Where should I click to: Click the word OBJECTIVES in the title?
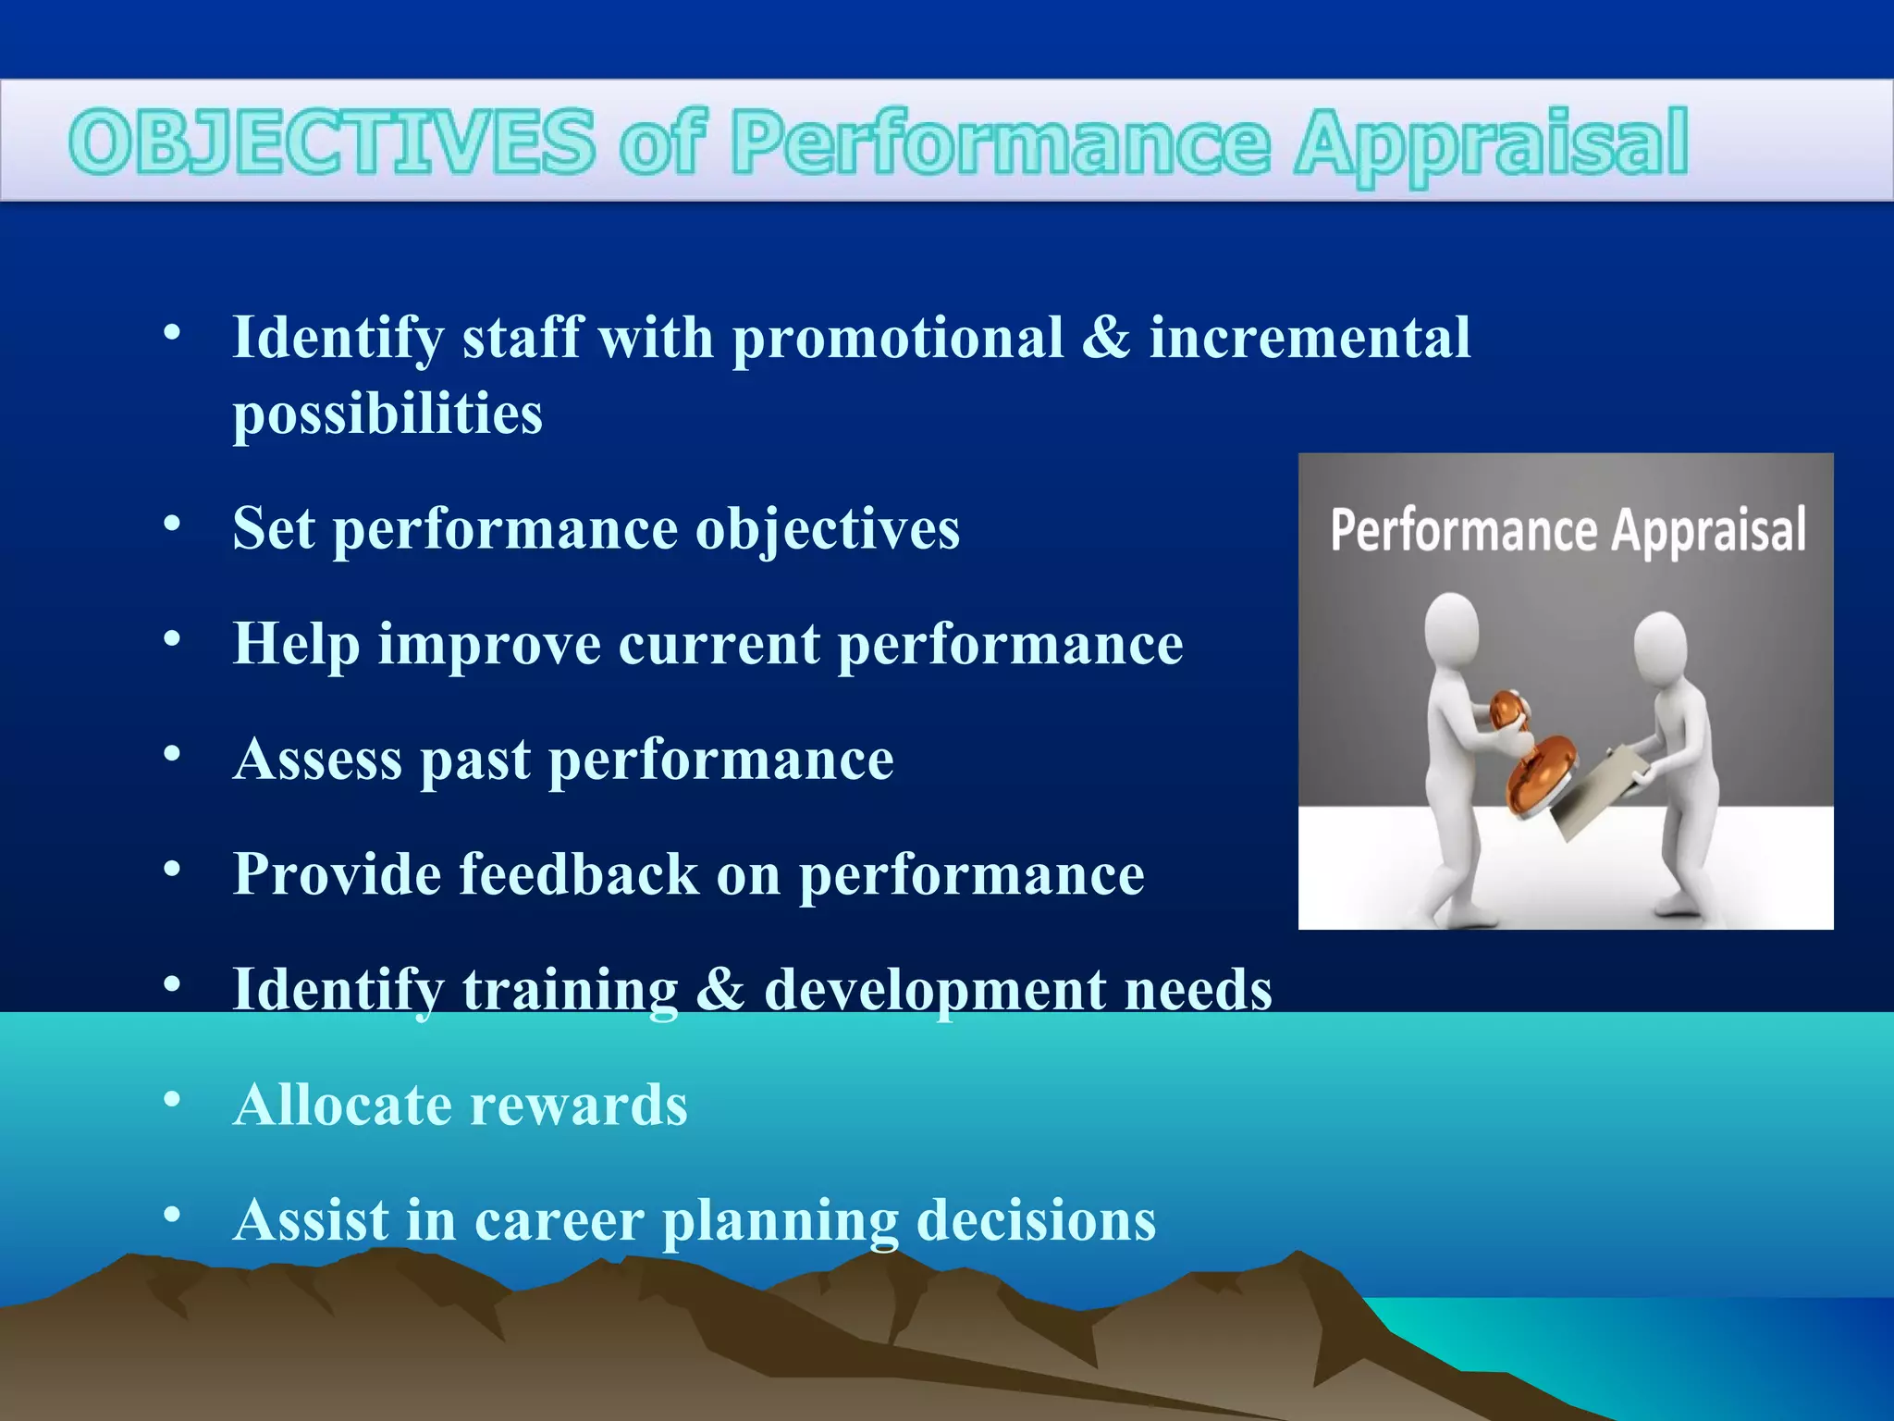[x=331, y=142]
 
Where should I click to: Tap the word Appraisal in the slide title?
[x=1491, y=143]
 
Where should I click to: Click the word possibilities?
[x=387, y=414]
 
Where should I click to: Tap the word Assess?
[x=317, y=760]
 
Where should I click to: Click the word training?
[x=570, y=990]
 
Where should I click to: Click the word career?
[x=559, y=1220]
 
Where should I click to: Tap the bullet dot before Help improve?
[x=172, y=638]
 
